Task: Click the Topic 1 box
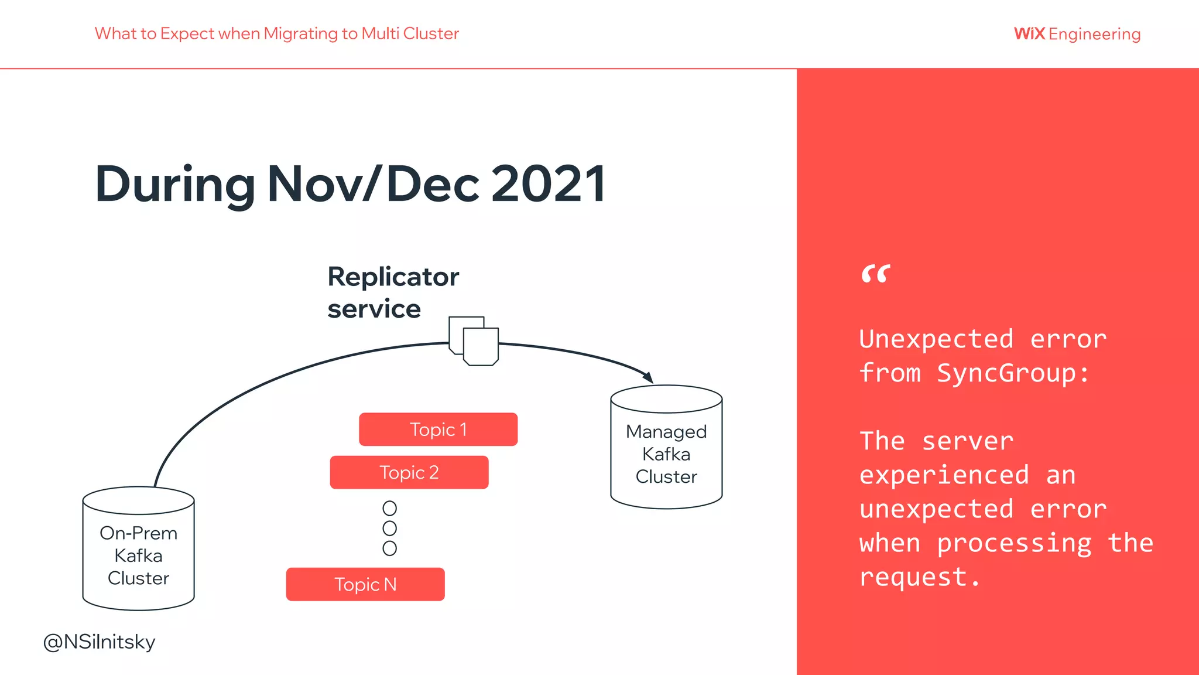438,429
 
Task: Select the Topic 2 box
409,472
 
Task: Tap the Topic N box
365,584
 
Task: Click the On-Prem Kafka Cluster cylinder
138,551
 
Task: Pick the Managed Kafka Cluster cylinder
666,449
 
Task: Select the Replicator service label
393,292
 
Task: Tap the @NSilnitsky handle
100,642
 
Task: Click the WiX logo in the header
1029,33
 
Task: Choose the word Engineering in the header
1094,34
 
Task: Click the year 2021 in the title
549,185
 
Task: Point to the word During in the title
175,185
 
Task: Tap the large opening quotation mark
875,274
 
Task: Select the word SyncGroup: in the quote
1013,373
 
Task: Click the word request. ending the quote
919,578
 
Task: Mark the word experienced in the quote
944,475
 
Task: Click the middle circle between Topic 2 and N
389,528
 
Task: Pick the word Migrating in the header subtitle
300,33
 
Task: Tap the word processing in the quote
1014,543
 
